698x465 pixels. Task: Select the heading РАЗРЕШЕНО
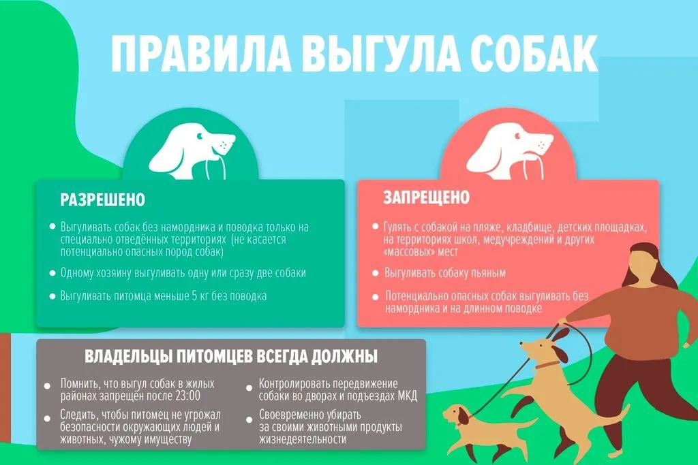pyautogui.click(x=103, y=199)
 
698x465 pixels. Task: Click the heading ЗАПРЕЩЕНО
pyautogui.click(x=427, y=197)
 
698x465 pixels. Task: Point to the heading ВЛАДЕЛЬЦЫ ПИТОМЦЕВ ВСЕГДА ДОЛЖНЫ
pyautogui.click(x=231, y=357)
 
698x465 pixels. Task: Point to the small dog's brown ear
pyautogui.click(x=464, y=416)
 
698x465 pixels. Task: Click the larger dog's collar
pyautogui.click(x=547, y=364)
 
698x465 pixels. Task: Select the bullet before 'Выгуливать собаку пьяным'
pyautogui.click(x=376, y=273)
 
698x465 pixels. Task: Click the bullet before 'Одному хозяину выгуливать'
pyautogui.click(x=52, y=273)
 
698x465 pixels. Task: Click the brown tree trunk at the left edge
pyautogui.click(x=5, y=383)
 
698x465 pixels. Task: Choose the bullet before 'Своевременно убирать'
pyautogui.click(x=249, y=419)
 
